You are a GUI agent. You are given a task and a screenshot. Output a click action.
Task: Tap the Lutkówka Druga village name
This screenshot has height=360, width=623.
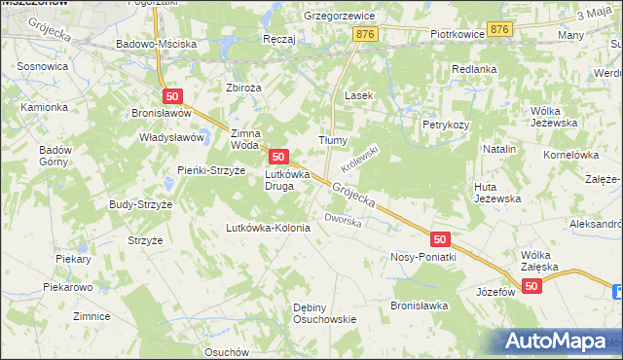287,180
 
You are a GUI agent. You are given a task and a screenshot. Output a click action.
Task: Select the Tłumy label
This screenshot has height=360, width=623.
334,140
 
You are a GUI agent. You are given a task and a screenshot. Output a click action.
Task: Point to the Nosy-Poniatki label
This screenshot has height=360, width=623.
423,257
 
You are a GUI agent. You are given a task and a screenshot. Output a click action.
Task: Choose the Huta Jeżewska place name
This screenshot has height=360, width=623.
496,192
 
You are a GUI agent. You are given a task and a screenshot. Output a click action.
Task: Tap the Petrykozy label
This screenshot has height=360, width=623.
446,126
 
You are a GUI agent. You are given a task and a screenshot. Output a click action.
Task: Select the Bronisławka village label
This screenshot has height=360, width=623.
419,305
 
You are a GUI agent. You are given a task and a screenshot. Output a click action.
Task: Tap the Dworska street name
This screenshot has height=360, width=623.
343,221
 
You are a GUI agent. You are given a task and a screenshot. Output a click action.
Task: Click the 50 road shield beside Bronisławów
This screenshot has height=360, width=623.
172,95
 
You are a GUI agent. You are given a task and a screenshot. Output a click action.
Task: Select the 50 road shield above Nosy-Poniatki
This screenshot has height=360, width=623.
440,238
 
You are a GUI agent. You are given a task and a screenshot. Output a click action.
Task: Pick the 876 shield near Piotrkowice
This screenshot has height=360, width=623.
499,30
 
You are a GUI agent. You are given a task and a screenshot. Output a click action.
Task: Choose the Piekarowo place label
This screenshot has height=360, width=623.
67,288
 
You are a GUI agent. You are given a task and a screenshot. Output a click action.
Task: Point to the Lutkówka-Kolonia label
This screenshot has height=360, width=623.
268,228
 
